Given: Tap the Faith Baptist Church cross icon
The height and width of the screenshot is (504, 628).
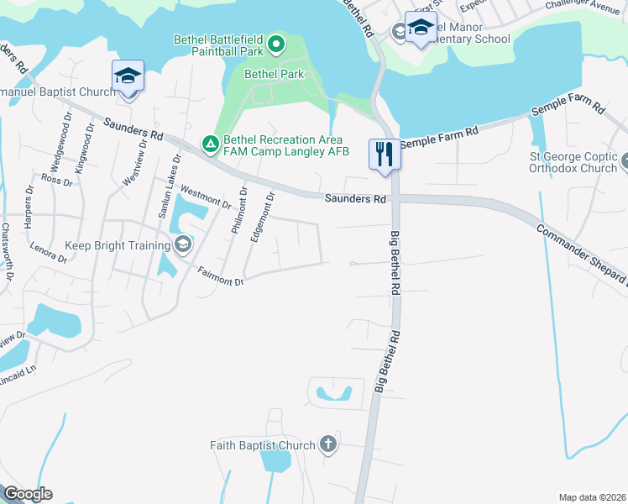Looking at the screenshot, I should pos(327,445).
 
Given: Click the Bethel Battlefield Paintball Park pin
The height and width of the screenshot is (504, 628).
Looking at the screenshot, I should pos(278,41).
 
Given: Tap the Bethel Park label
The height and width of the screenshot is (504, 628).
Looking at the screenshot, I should pos(274,74).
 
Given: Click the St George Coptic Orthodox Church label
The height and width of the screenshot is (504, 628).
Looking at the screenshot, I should pos(573,162).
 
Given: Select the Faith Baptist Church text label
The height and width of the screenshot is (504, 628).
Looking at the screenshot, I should pos(263,445).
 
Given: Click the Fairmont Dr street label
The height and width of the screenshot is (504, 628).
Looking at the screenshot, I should pos(220,276).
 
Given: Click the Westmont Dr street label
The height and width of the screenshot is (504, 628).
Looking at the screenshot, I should pos(206,197).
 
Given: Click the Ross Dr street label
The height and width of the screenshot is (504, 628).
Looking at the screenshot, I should pos(57,180).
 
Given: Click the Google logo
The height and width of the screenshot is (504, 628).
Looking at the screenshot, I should pos(28,494).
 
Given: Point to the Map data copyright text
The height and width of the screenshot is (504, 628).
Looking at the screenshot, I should pos(593,497).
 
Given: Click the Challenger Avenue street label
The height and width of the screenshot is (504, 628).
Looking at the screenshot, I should pos(586,5).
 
